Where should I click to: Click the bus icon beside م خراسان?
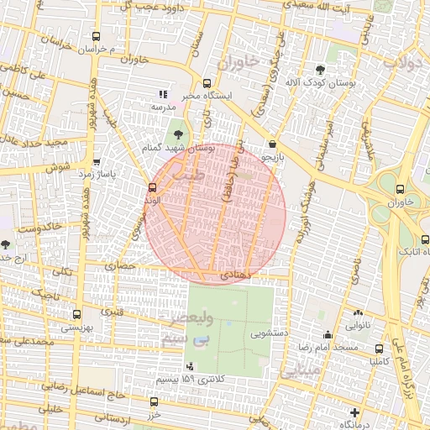95,37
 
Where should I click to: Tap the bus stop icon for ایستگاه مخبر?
207,83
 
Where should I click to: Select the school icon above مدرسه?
163,95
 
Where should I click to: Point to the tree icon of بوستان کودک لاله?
320,70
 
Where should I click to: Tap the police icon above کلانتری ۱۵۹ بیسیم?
190,366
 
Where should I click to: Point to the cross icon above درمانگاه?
356,413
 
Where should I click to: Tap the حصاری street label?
119,265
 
